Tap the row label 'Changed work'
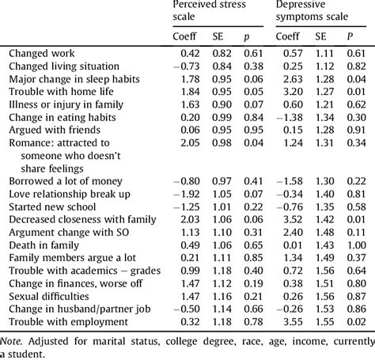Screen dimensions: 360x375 (x=43, y=53)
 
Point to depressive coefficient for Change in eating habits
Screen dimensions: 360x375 (x=283, y=117)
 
